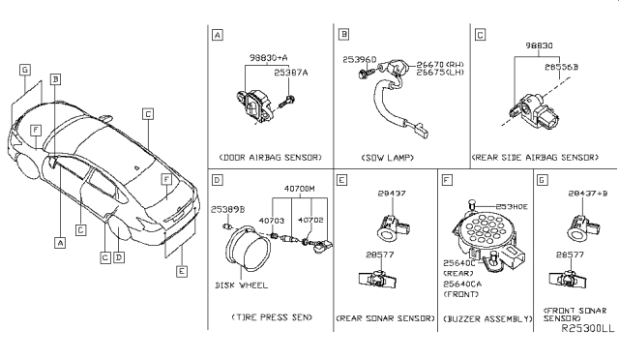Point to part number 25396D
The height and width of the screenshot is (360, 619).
358,61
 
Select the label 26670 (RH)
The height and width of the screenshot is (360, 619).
436,64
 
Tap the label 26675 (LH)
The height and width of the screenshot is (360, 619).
436,74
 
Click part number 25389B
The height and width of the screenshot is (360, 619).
228,208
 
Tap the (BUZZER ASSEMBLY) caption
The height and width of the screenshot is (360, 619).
483,317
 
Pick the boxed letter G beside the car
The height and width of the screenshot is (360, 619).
25,70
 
